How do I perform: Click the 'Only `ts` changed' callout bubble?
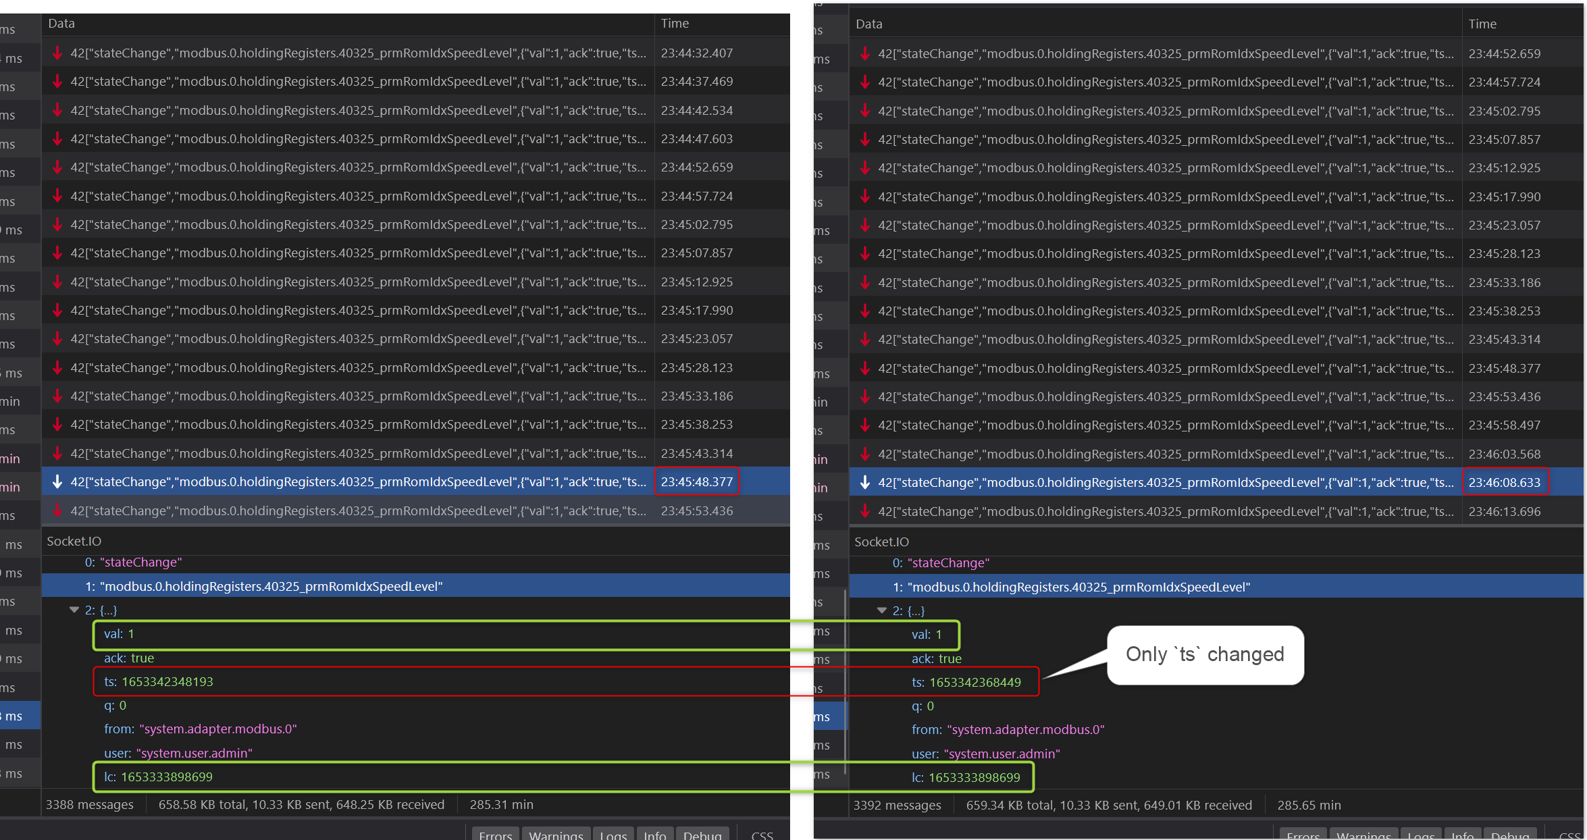(1205, 654)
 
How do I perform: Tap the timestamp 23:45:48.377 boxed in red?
(696, 481)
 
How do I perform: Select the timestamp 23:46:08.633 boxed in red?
(1504, 482)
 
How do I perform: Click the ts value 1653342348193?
(167, 681)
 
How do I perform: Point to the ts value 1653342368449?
(974, 682)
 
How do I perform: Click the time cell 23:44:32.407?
(696, 53)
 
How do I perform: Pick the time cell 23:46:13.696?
(1504, 511)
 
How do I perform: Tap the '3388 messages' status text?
(89, 804)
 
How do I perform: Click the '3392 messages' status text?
(897, 805)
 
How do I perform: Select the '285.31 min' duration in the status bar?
(501, 804)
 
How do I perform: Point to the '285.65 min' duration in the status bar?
(1309, 805)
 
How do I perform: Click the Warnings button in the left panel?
(556, 835)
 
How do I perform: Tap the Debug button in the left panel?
(702, 835)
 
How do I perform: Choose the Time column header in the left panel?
(675, 23)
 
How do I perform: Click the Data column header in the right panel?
(868, 24)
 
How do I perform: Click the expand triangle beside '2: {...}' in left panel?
(74, 610)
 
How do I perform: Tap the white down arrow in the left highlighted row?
(57, 481)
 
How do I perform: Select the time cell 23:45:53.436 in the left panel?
(696, 510)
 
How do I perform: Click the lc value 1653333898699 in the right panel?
(974, 777)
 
